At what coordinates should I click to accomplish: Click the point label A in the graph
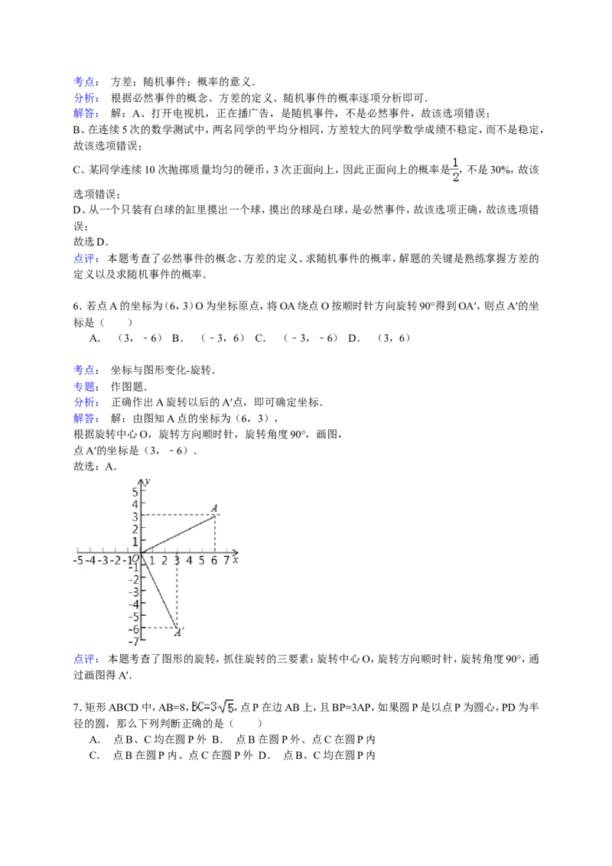coord(214,507)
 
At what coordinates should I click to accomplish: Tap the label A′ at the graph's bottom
coord(179,633)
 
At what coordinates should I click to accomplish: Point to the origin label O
coord(135,558)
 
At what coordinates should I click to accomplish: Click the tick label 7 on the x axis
coord(226,561)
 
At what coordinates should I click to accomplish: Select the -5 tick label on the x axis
coord(78,561)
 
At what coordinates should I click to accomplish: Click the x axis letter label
coord(236,559)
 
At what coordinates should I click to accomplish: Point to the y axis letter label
coord(148,481)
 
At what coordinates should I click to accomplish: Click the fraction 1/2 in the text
coord(456,170)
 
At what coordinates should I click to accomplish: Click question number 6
coord(76,306)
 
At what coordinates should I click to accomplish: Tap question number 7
coord(76,707)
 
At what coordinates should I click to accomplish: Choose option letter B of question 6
coord(177,338)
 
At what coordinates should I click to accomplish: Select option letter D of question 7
coord(264,755)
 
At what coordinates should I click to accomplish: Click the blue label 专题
coord(84,386)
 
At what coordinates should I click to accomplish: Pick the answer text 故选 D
coord(90,242)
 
